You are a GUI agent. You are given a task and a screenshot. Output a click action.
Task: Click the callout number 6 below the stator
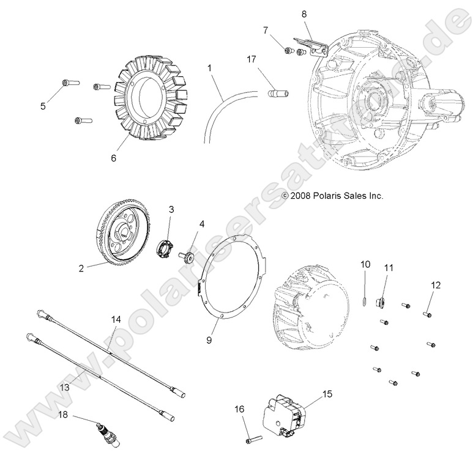pos(113,157)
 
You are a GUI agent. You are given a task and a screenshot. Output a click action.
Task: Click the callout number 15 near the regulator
pos(327,394)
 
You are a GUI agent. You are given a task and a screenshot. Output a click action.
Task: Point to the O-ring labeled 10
pos(365,299)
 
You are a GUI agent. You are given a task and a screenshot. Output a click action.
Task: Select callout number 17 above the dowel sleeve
pos(251,60)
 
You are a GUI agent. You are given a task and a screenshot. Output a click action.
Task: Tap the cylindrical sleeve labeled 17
pos(277,95)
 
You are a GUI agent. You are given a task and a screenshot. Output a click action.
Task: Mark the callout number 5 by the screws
pos(43,106)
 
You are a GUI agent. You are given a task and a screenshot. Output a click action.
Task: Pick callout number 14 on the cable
pos(116,320)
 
